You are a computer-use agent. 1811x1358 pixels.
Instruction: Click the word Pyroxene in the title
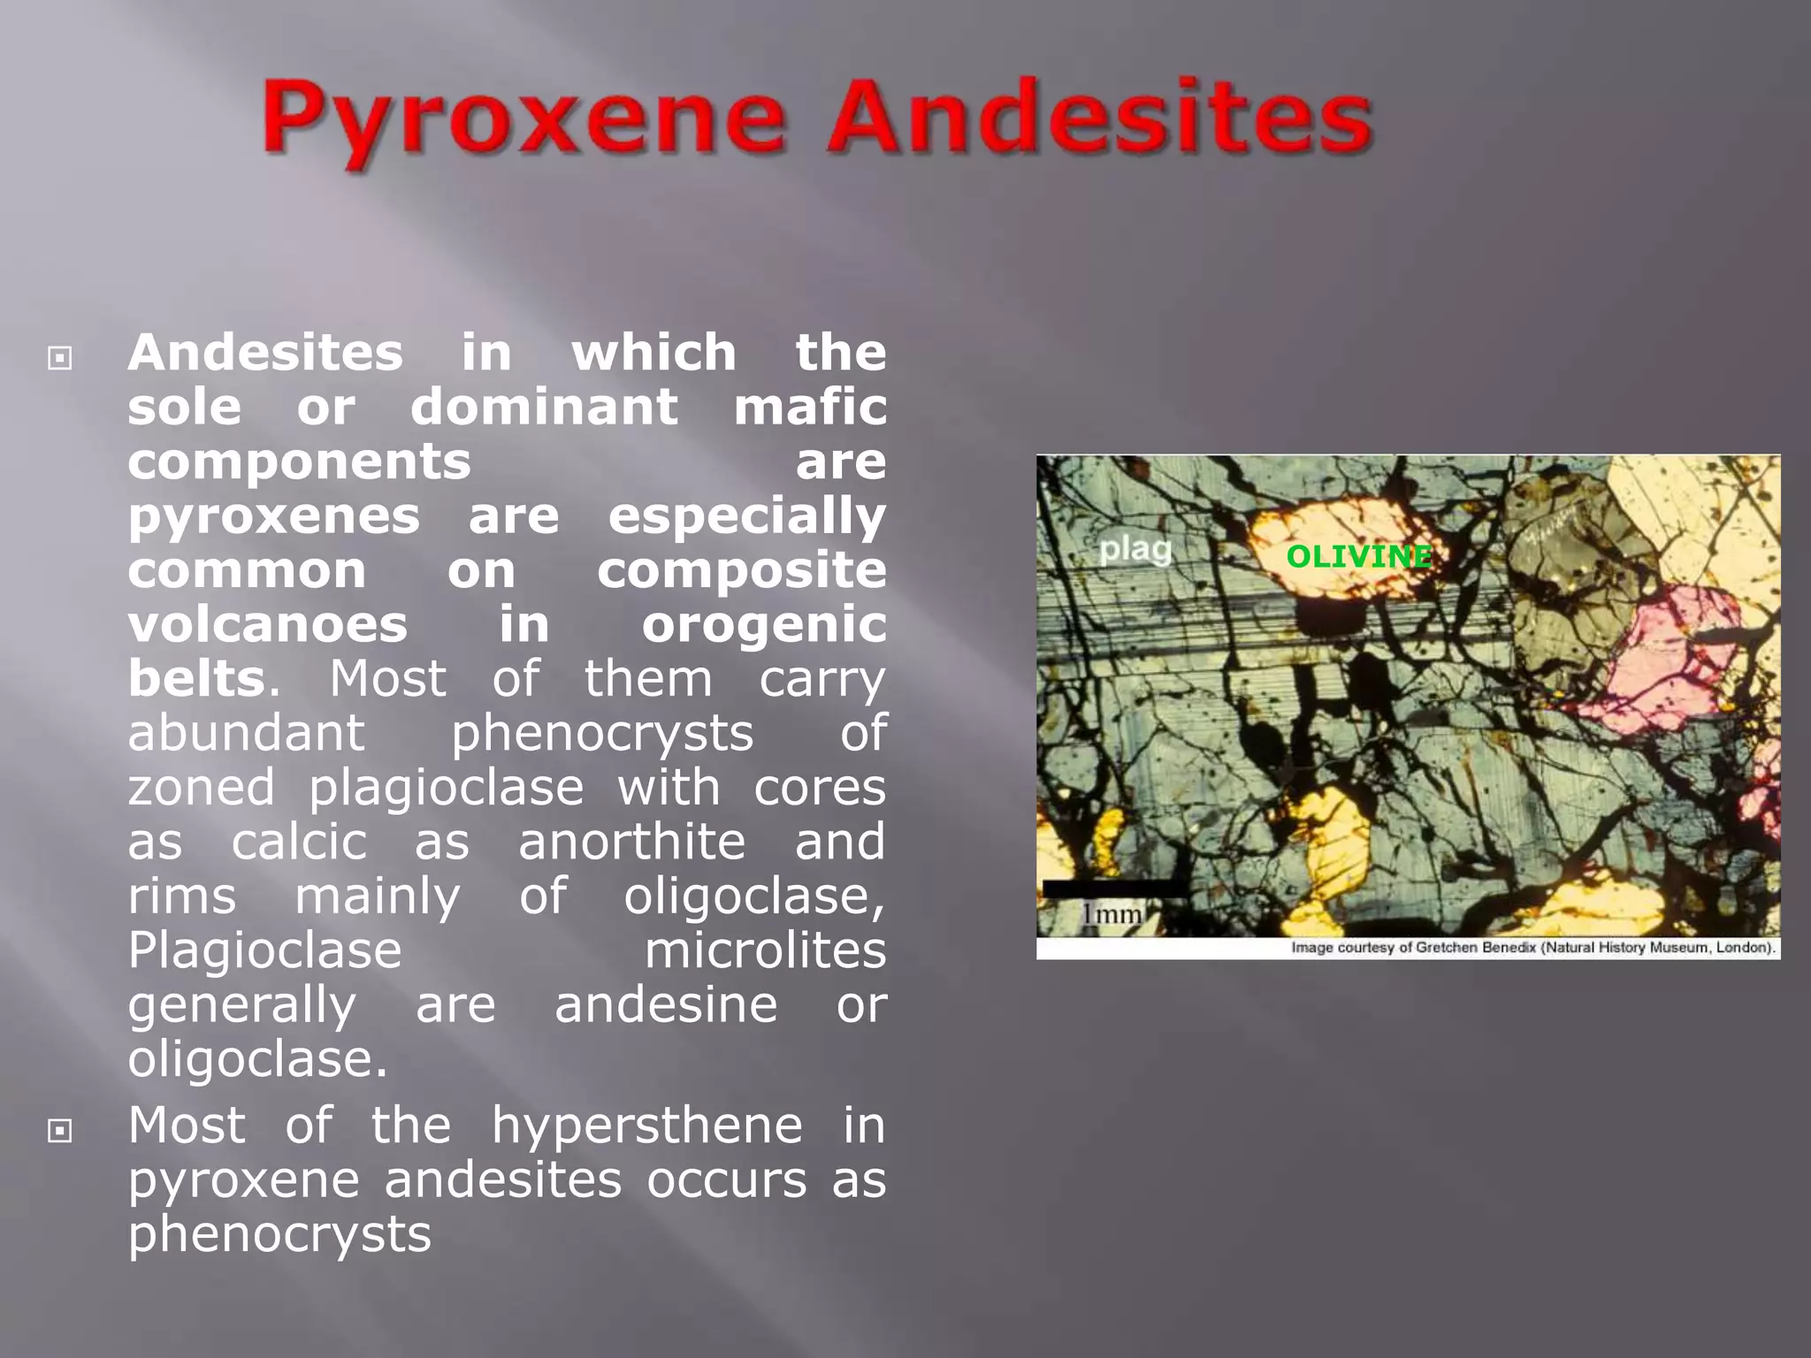(x=523, y=119)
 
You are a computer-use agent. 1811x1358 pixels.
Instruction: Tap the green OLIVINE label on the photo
(x=1358, y=556)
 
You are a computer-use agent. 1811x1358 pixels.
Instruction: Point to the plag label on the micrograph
(x=1135, y=550)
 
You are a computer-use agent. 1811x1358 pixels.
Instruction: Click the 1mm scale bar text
(x=1112, y=913)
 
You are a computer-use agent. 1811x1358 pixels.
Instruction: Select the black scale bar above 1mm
(x=1115, y=889)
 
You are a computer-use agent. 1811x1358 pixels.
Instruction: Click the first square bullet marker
(x=60, y=358)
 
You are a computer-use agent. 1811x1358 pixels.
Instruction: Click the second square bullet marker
(x=60, y=1130)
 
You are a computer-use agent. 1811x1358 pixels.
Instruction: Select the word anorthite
(x=631, y=842)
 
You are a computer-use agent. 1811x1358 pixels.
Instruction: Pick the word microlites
(x=765, y=950)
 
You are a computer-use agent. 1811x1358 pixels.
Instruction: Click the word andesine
(x=666, y=1005)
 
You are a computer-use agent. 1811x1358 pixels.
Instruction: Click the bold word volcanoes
(x=268, y=624)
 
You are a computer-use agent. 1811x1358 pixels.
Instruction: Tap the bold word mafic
(x=810, y=407)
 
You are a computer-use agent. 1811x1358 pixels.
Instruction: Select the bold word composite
(x=741, y=570)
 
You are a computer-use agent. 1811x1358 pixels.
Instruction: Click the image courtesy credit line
(x=1532, y=948)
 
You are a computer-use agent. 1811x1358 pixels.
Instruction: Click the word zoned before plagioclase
(x=202, y=787)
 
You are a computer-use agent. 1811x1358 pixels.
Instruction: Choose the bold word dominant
(x=544, y=407)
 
